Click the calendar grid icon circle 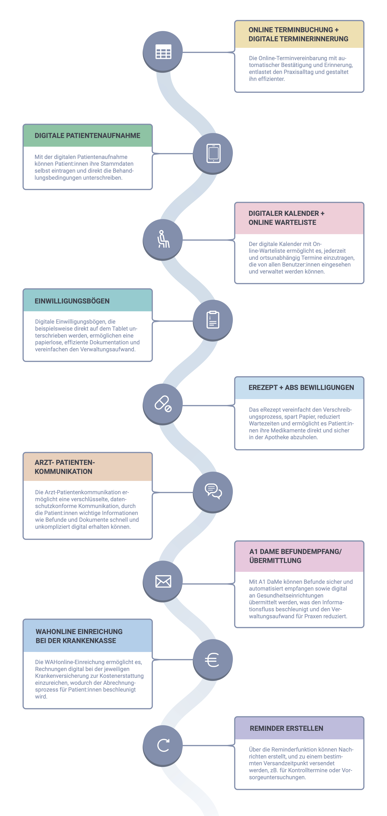(163, 51)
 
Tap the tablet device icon (214, 153)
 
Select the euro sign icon (212, 660)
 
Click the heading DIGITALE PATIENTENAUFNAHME (87, 136)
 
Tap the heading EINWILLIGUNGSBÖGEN (72, 301)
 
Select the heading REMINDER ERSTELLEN (287, 728)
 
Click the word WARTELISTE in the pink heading (296, 222)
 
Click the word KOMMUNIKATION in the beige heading (63, 471)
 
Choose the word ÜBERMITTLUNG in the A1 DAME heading (275, 560)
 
